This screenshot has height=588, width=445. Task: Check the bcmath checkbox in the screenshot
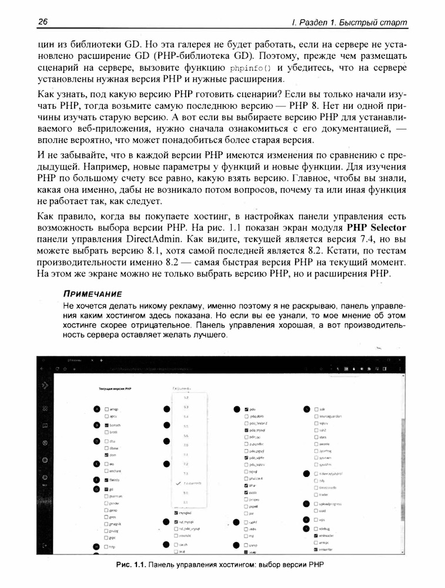(x=106, y=425)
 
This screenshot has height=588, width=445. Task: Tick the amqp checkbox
(x=106, y=409)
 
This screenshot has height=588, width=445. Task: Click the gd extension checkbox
(x=106, y=489)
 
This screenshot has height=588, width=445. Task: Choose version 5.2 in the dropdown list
(x=186, y=397)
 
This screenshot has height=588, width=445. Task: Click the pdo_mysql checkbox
(x=246, y=430)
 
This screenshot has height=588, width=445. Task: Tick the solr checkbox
(x=316, y=409)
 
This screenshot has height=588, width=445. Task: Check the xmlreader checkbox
(x=316, y=536)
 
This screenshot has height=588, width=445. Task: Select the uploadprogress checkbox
(x=316, y=504)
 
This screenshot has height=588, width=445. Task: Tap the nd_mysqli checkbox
(x=176, y=521)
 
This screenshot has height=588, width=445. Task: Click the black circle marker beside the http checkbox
(x=96, y=547)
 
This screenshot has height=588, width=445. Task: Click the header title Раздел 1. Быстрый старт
(x=350, y=22)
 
